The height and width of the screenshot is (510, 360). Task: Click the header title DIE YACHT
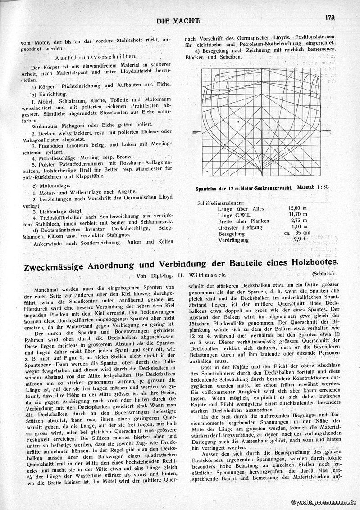click(x=178, y=21)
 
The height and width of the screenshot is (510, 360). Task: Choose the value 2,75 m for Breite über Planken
click(x=298, y=221)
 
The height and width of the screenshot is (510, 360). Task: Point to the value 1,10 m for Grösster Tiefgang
click(x=298, y=227)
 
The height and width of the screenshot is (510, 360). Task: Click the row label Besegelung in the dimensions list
click(x=231, y=234)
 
